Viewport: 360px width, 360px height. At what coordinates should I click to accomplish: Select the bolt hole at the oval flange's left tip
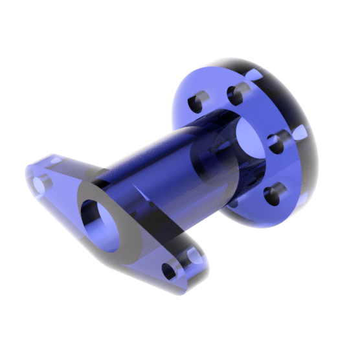click(x=40, y=183)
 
